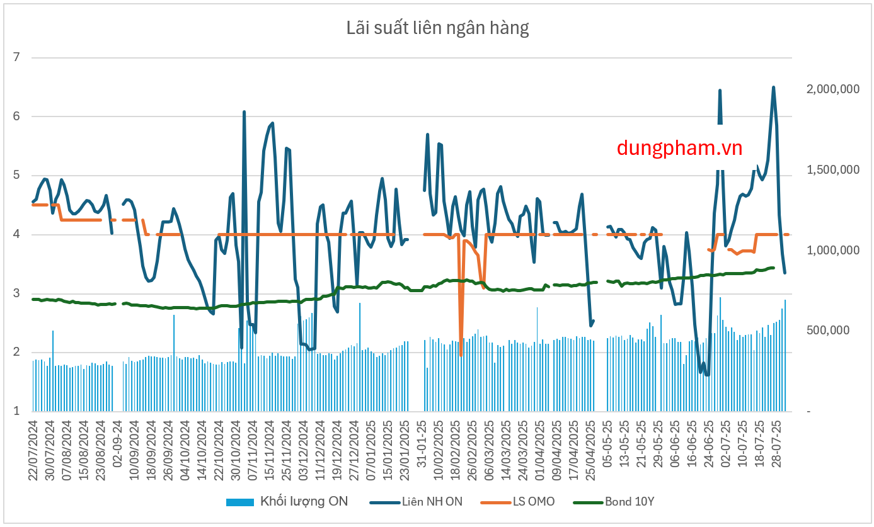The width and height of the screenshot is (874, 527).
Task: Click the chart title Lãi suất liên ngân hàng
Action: click(437, 28)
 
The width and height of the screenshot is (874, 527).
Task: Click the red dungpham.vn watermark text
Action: click(679, 148)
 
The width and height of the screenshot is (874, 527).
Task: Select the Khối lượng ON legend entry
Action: click(287, 502)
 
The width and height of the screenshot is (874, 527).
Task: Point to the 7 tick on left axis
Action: click(17, 58)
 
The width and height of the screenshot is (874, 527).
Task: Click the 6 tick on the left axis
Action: click(17, 116)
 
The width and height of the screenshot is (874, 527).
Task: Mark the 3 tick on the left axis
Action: click(17, 293)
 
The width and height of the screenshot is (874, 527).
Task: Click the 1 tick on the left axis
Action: click(17, 411)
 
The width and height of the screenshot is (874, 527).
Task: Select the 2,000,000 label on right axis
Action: click(833, 89)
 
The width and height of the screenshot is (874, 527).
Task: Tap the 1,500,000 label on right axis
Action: click(833, 170)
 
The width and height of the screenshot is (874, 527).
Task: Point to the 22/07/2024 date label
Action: click(33, 449)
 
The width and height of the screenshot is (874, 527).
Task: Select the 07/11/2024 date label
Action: click(252, 449)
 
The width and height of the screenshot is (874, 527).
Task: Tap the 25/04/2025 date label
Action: click(591, 449)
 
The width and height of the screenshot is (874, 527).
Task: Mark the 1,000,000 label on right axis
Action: click(833, 251)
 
